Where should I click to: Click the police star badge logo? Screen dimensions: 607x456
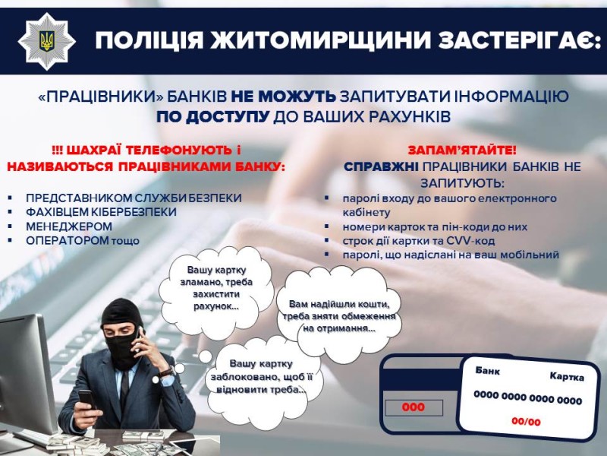[47, 42]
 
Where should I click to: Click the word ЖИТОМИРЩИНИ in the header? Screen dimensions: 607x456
[320, 40]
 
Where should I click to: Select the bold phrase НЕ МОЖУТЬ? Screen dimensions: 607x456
[283, 97]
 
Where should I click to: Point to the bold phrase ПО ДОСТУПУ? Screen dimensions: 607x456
[213, 117]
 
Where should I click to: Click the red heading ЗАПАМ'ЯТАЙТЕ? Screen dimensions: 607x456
[462, 150]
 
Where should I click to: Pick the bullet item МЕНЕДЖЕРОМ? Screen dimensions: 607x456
[69, 226]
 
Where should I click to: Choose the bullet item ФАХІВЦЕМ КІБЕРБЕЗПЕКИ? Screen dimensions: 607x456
[101, 212]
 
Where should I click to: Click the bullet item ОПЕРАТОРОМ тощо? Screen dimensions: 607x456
[83, 240]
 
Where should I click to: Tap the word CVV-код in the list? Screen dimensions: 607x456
[470, 241]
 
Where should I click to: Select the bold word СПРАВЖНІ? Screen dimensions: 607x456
[381, 166]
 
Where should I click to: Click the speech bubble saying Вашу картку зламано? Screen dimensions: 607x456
[216, 289]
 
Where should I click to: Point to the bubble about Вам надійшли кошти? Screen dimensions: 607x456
[339, 315]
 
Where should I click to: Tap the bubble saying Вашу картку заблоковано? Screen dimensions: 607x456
[262, 377]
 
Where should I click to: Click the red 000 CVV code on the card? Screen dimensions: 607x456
[413, 407]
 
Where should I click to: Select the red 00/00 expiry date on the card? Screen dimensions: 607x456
[526, 422]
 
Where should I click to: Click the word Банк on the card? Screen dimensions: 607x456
[487, 371]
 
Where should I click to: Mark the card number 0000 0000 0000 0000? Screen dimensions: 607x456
[527, 397]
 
